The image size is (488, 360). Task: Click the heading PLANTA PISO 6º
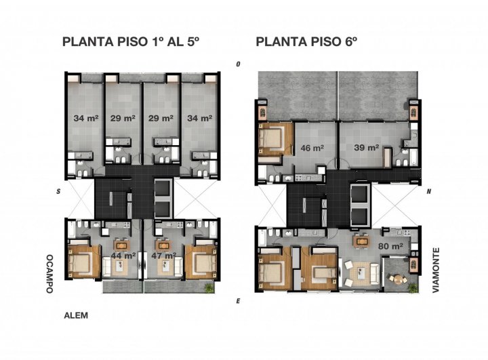coord(306,42)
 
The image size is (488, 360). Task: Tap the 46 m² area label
coord(312,147)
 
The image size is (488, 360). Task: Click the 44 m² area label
coord(123,256)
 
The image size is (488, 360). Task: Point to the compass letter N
coord(430,192)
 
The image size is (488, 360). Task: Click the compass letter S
coord(59,192)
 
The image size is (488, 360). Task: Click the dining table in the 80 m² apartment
coord(360,241)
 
